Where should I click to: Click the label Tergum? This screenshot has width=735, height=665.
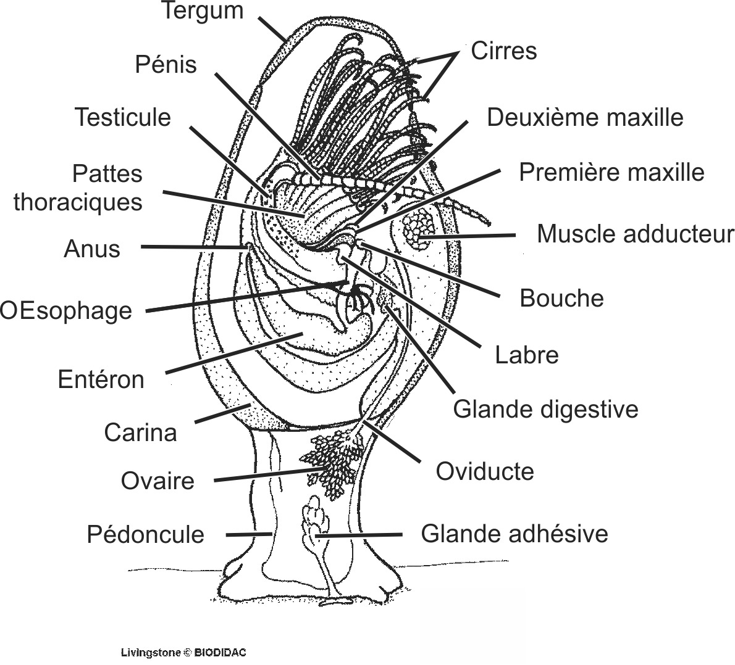tap(202, 11)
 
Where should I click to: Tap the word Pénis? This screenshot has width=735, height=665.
tap(166, 64)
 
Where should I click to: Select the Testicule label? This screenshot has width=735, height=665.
tap(122, 117)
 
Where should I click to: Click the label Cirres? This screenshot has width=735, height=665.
tap(503, 51)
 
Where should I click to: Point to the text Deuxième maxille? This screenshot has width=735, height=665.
tap(584, 117)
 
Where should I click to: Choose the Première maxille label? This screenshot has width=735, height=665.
tap(611, 172)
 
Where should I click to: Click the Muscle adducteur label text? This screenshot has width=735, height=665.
tap(635, 234)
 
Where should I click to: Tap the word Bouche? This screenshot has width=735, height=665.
tap(561, 298)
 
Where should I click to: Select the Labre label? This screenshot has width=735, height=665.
tap(526, 355)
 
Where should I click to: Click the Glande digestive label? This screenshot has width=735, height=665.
tap(545, 409)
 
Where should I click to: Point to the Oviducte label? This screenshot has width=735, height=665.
tap(484, 471)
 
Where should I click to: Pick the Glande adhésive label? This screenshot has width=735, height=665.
tap(514, 534)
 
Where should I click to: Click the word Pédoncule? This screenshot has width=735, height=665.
tap(145, 534)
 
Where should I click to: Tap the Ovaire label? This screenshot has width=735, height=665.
tap(157, 481)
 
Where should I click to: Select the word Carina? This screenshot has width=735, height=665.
tap(140, 432)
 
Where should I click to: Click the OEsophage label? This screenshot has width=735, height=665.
tap(66, 310)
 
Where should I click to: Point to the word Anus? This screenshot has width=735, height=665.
tap(92, 249)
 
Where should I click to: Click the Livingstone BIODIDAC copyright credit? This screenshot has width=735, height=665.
tap(183, 652)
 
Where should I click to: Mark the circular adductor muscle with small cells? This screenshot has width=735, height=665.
tap(418, 228)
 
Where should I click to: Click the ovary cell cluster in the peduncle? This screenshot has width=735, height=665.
tap(330, 463)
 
